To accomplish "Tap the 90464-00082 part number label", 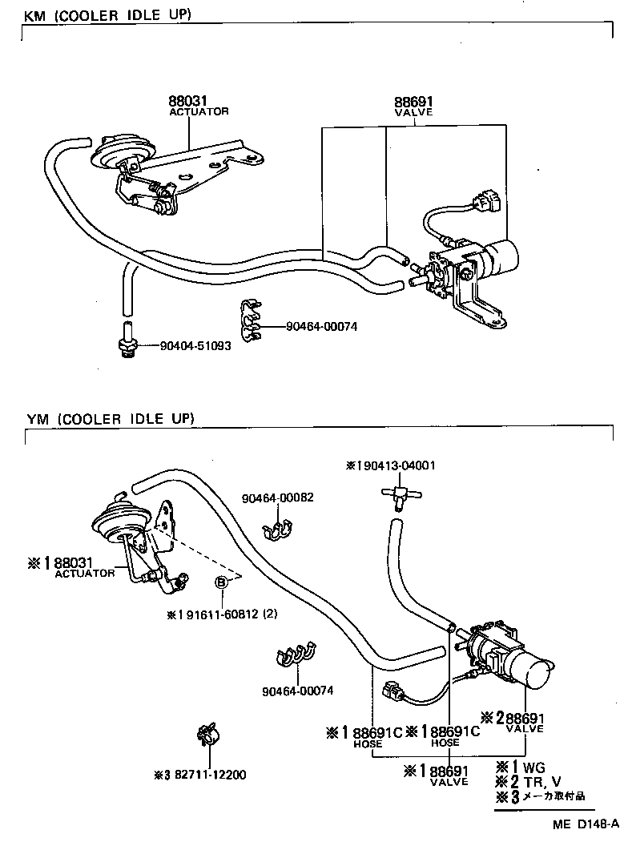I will point(277,497).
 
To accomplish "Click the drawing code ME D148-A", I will point(585,824).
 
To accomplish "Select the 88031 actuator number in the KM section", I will point(187,102).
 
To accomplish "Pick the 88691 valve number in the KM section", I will point(413,102).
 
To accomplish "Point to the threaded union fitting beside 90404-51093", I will point(127,343).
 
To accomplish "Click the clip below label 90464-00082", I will point(279,530).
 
